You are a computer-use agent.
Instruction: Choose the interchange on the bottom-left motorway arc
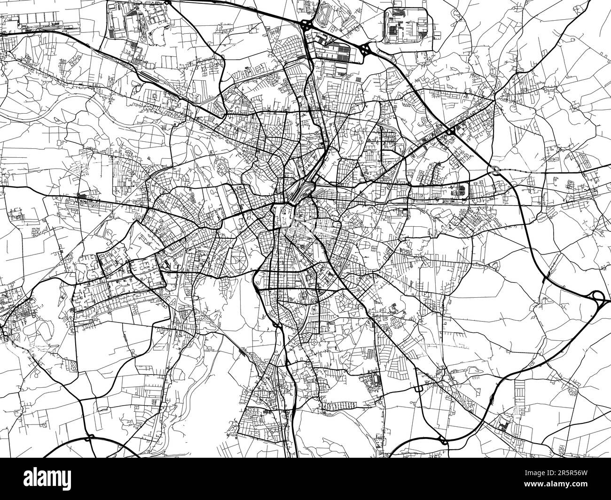click(x=91, y=440)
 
